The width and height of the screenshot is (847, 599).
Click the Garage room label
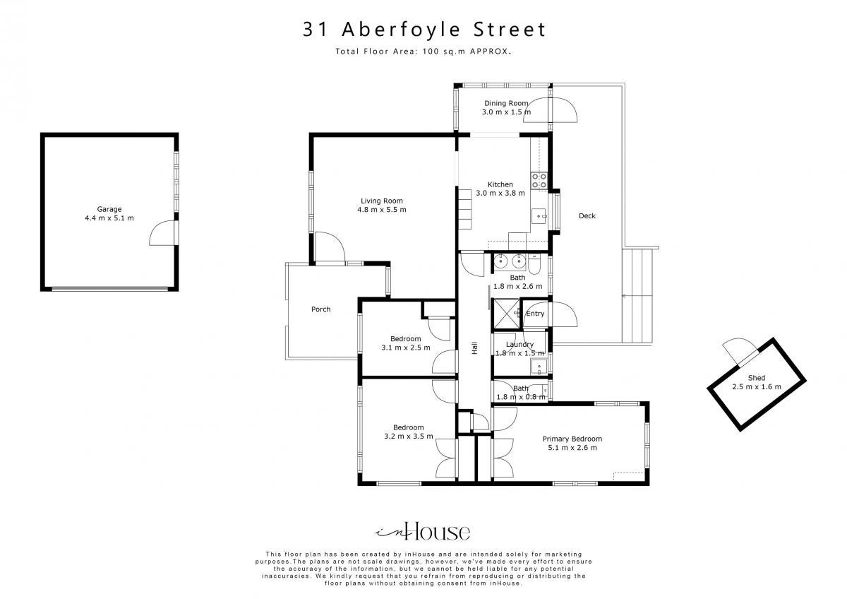pos(109,209)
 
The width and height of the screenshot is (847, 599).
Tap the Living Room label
pos(382,201)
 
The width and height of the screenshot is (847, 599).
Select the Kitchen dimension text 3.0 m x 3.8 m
pos(500,193)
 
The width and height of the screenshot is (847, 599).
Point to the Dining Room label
pos(506,103)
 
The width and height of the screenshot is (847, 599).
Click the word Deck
pos(587,215)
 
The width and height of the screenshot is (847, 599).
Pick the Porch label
pos(320,309)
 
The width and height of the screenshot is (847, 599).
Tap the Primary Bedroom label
pos(572,439)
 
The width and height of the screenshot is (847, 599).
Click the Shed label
pos(756,378)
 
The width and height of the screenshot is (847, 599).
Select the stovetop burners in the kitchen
pos(539,181)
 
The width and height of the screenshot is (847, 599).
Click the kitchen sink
pos(539,216)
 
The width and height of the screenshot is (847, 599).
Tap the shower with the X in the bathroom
pos(507,314)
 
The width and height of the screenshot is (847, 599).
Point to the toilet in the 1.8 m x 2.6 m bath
pos(535,265)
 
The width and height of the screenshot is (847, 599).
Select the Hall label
pos(474,348)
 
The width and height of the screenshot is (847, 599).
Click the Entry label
pos(535,314)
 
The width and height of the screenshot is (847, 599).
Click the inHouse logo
pos(423,531)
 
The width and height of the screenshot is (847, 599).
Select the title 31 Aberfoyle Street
pos(424,29)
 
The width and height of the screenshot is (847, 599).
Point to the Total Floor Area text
pos(423,52)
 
